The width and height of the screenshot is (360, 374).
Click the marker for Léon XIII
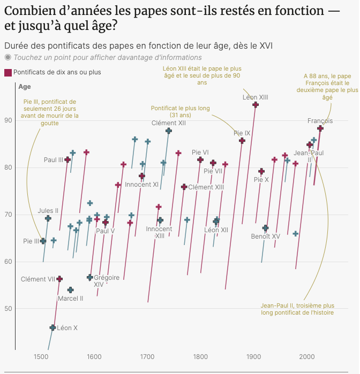[x=256, y=105]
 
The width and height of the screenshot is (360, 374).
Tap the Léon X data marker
[x=52, y=327]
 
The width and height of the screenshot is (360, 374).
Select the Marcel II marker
[x=70, y=290]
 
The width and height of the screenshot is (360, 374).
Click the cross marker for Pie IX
[x=242, y=141]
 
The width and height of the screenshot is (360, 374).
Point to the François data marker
[x=320, y=128]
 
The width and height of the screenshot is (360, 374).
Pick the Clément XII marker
[x=169, y=131]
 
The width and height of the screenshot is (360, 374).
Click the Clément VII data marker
[x=59, y=279]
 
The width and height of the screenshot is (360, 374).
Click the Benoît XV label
[x=265, y=236]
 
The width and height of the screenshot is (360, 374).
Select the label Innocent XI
[x=141, y=185]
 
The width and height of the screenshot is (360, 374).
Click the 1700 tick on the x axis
[x=147, y=357]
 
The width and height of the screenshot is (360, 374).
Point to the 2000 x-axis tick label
[x=307, y=357]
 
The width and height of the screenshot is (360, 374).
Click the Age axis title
[x=25, y=87]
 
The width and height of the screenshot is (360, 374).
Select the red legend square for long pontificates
[x=7, y=72]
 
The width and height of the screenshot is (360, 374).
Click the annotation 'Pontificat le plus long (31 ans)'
[x=180, y=112]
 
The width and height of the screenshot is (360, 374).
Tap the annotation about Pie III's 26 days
[x=50, y=112]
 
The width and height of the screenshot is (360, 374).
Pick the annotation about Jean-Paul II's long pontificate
[x=297, y=309]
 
